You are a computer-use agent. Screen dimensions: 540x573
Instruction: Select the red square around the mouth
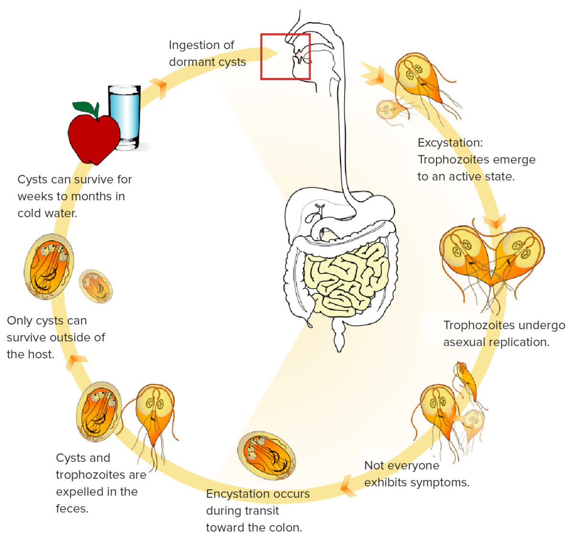pyautogui.click(x=286, y=56)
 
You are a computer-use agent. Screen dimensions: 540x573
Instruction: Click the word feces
pyautogui.click(x=72, y=509)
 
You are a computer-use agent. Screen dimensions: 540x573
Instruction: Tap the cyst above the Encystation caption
pyautogui.click(x=266, y=455)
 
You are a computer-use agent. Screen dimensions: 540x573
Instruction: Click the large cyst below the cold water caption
pyautogui.click(x=49, y=266)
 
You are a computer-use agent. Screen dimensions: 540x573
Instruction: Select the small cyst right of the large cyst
pyautogui.click(x=95, y=286)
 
